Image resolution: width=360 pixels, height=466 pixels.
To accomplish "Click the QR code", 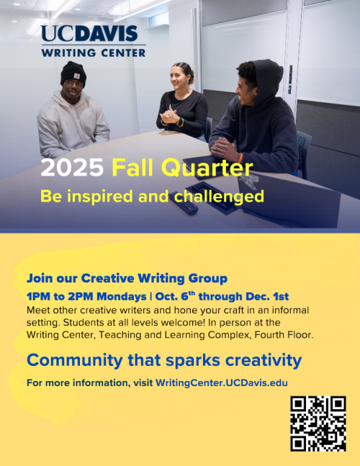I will pos(318,424).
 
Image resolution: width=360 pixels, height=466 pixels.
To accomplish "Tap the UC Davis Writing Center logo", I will pos(93,40).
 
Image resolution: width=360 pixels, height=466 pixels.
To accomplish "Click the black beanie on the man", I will pos(73,72).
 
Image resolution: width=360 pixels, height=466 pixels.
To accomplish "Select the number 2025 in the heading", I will pos(73,169).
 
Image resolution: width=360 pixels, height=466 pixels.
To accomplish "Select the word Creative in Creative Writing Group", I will pos(109,278).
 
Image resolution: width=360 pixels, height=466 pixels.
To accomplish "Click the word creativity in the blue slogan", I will pos(260,360).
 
